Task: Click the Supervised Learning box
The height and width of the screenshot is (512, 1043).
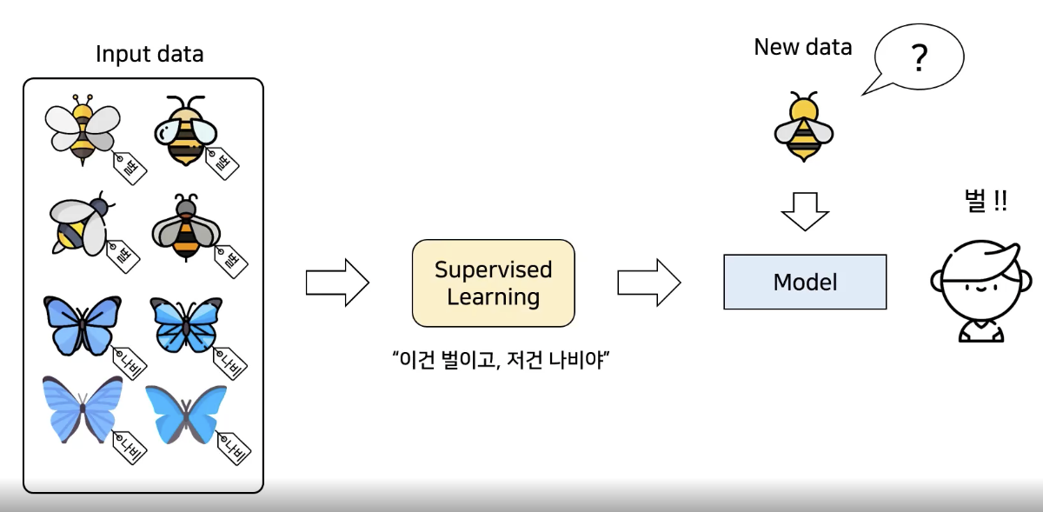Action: click(x=493, y=283)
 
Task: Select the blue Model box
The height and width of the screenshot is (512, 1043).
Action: click(x=805, y=282)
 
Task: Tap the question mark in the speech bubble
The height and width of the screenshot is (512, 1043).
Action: click(x=920, y=57)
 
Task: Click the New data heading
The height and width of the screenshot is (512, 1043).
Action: click(x=803, y=47)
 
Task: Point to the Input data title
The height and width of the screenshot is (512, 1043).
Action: click(x=149, y=54)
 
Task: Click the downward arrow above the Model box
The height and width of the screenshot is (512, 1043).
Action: click(x=805, y=211)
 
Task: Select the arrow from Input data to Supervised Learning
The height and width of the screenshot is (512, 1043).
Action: click(x=337, y=283)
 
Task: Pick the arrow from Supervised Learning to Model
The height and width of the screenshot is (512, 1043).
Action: click(x=649, y=283)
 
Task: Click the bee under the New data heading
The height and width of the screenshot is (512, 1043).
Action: click(x=804, y=127)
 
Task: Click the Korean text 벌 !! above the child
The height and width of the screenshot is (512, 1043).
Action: click(x=986, y=202)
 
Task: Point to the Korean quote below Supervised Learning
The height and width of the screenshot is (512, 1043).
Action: click(x=501, y=360)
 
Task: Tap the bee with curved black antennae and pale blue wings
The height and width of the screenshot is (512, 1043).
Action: click(x=185, y=130)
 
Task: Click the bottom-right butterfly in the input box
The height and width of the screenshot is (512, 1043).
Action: click(x=186, y=415)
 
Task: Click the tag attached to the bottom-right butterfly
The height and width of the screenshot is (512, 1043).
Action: click(x=234, y=449)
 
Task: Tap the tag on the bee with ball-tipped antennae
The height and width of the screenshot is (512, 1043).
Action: click(x=130, y=168)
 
